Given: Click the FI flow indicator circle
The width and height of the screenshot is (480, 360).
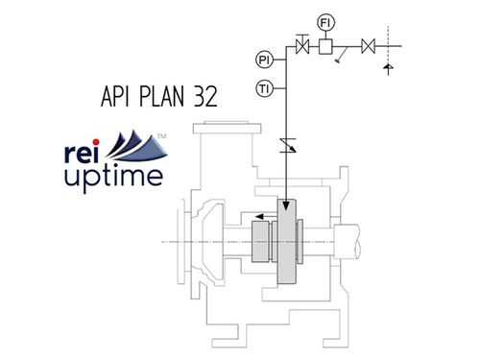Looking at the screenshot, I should tap(324, 20).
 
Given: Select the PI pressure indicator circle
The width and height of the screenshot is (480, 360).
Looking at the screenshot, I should tap(264, 60).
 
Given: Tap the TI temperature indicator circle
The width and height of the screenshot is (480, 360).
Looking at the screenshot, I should tap(264, 89).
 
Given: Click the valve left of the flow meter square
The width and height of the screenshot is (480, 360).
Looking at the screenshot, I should tap(303, 44).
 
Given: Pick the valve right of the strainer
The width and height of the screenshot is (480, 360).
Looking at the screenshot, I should tap(368, 44).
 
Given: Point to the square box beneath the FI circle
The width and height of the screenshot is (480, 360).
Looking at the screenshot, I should tap(324, 45).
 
